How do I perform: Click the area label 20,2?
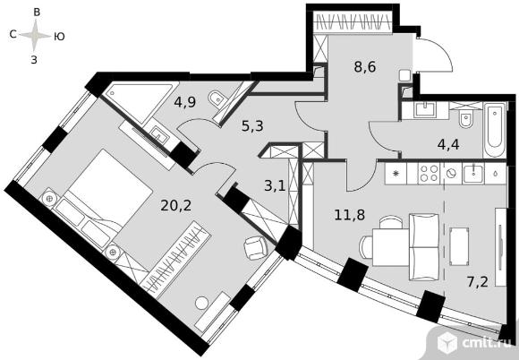click(175, 206)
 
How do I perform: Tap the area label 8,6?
click(365, 67)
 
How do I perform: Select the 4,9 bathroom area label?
click(185, 102)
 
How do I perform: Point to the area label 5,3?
click(252, 126)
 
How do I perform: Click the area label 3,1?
click(275, 185)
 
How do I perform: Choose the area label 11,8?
click(350, 215)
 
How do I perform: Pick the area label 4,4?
click(448, 145)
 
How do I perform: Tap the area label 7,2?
click(477, 282)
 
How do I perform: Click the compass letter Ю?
click(59, 37)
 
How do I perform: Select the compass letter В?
click(37, 13)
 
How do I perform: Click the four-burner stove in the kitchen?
click(429, 173)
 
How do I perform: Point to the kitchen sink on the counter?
click(473, 173)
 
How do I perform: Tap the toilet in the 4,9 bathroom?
click(217, 99)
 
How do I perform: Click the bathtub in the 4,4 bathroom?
click(495, 130)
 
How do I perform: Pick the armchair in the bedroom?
click(256, 248)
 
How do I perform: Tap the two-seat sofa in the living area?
click(424, 247)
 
